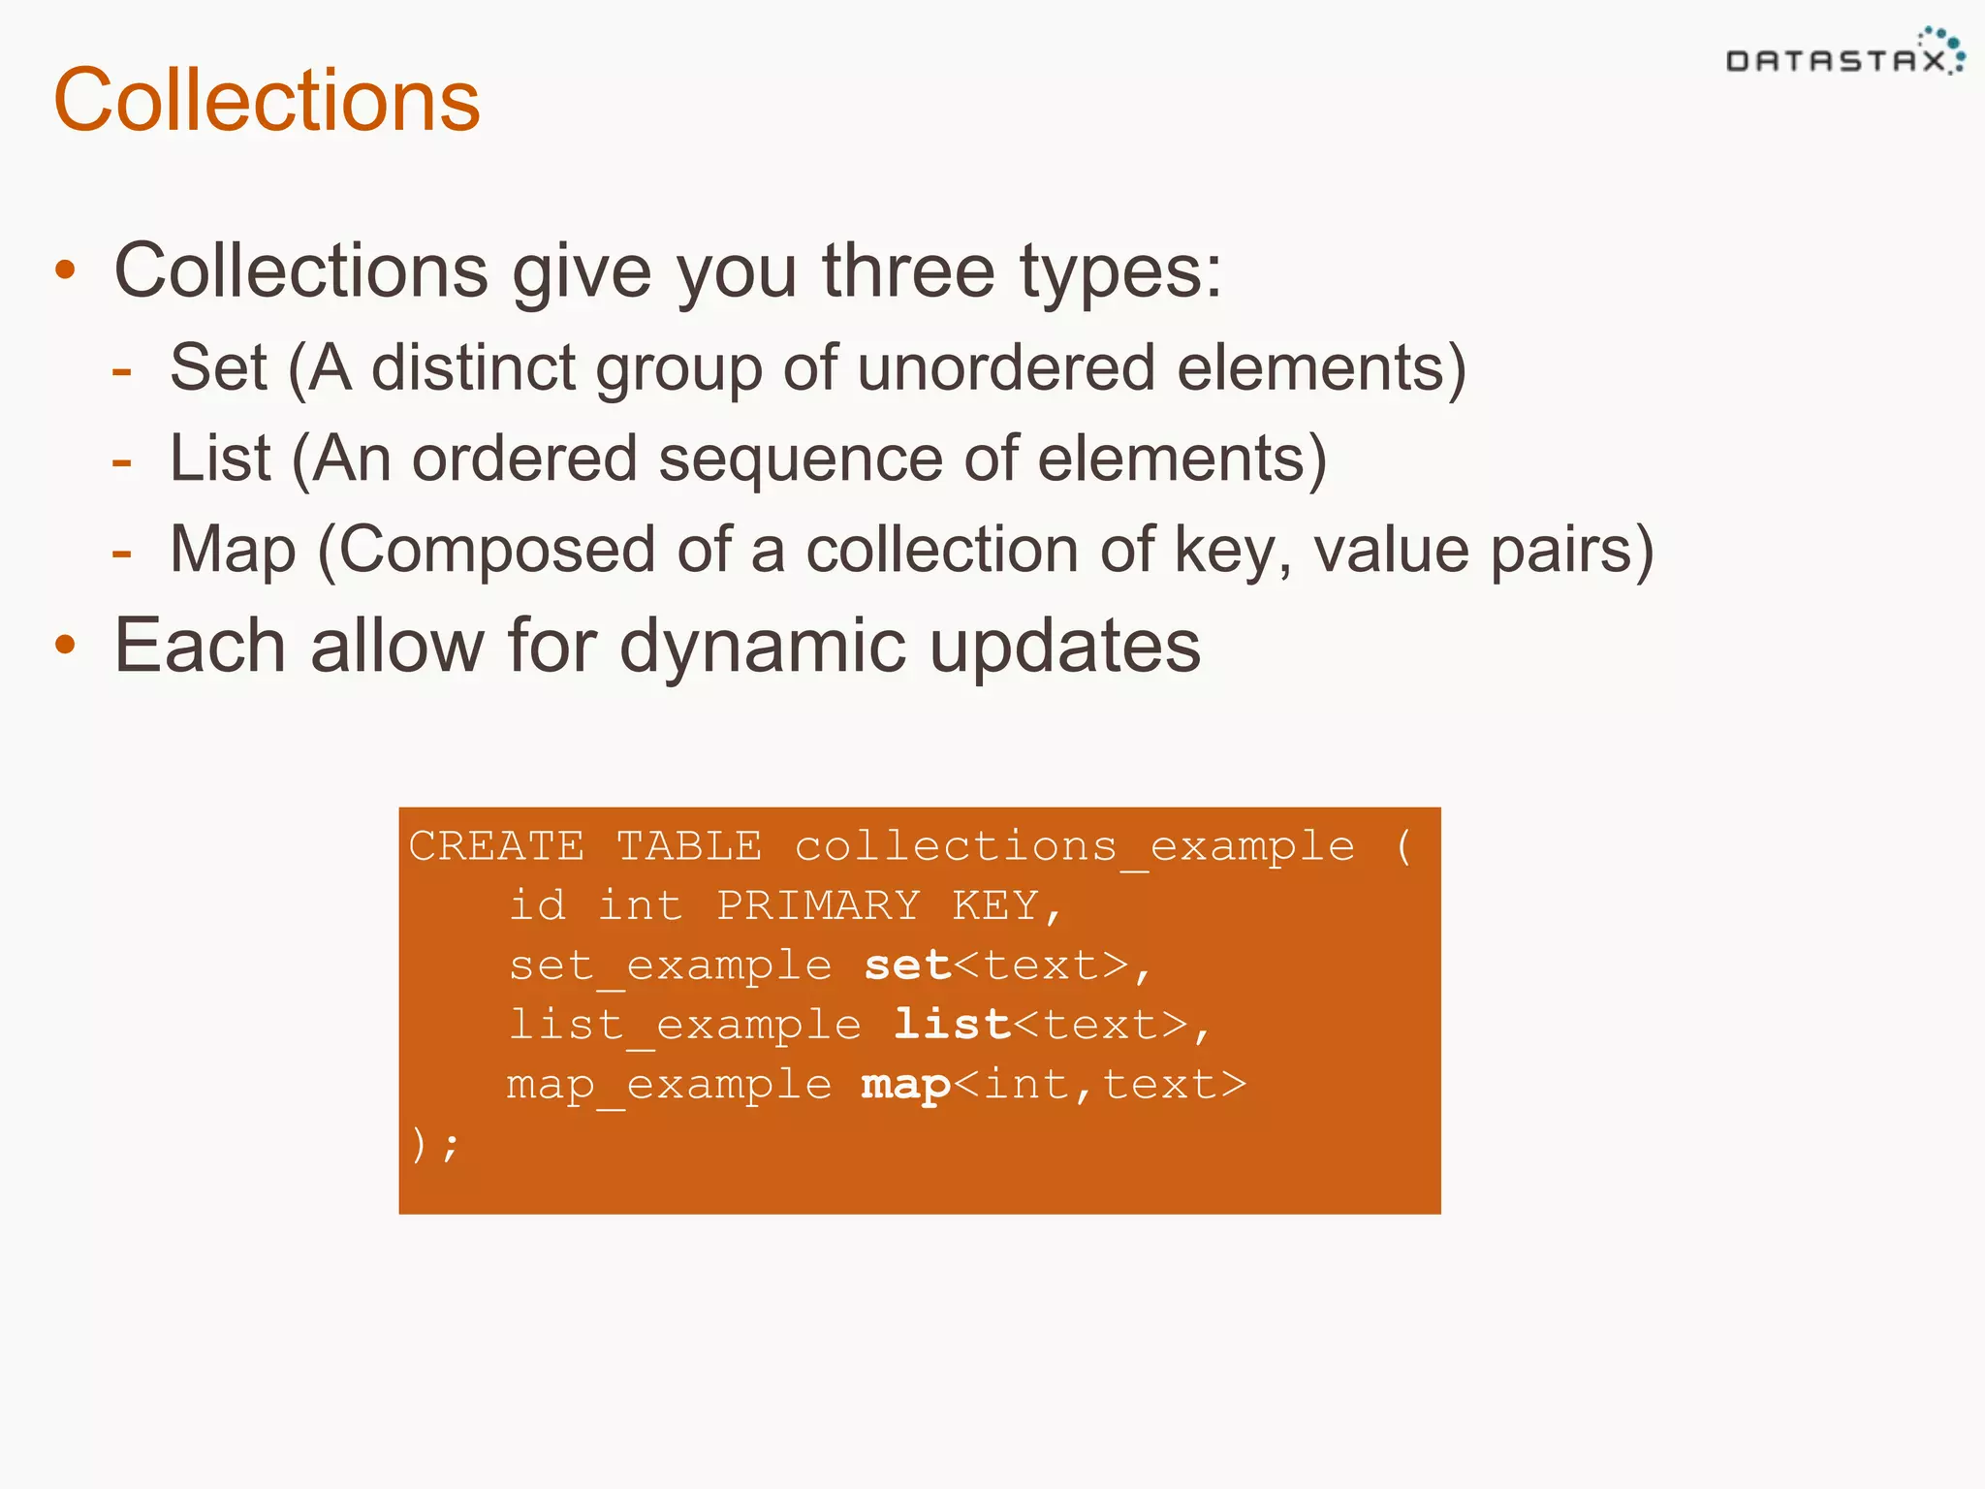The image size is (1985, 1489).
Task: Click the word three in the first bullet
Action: (x=908, y=270)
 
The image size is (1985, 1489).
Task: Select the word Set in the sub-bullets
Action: (x=218, y=367)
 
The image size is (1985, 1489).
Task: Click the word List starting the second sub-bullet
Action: (x=220, y=458)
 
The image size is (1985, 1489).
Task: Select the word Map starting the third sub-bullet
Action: (x=233, y=550)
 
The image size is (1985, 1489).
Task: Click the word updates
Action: (x=1064, y=648)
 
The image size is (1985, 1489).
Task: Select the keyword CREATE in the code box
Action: (x=496, y=845)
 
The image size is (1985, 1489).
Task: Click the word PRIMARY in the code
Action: (x=818, y=905)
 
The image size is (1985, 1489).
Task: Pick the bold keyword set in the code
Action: (x=907, y=966)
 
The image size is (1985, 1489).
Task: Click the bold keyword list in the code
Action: (x=951, y=1025)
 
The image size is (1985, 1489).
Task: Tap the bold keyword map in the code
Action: (x=905, y=1085)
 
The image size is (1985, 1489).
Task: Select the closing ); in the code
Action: (x=434, y=1145)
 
